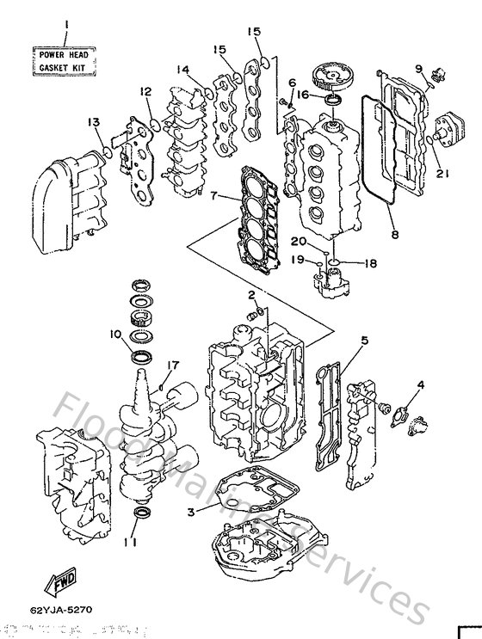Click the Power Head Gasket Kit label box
point(65,60)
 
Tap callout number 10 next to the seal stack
point(115,334)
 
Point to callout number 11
point(129,544)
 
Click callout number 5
point(364,341)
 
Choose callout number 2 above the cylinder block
point(251,295)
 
